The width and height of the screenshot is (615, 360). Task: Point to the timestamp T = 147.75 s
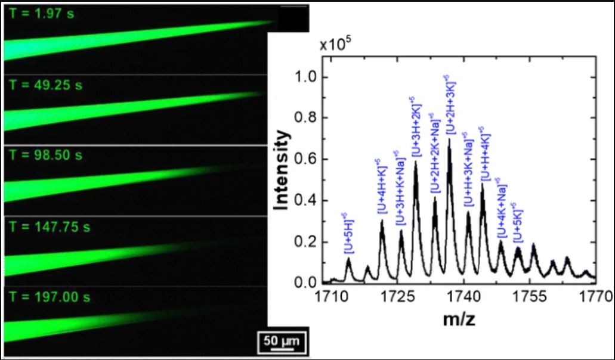[x=48, y=227]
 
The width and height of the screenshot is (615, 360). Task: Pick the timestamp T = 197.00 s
[x=48, y=297]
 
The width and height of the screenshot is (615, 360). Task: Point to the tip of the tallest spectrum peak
[x=449, y=139]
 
